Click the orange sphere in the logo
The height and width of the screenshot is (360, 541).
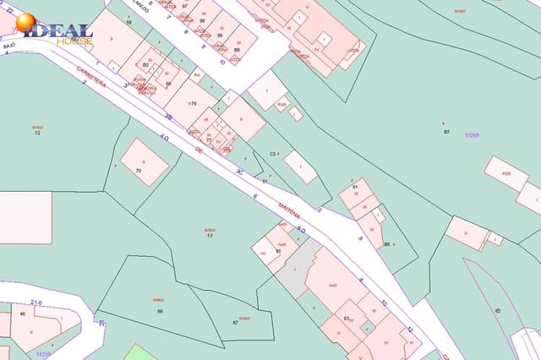pyautogui.click(x=25, y=24)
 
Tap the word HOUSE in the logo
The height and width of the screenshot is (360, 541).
pyautogui.click(x=75, y=41)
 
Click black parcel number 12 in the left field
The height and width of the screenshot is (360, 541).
pyautogui.click(x=37, y=133)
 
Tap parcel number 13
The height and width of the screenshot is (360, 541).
pyautogui.click(x=210, y=235)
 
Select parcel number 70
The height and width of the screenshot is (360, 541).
pyautogui.click(x=139, y=171)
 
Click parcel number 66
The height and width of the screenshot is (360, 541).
pyautogui.click(x=160, y=311)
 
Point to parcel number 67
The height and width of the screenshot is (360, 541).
pyautogui.click(x=235, y=322)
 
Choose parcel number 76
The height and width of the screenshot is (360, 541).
pyautogui.click(x=193, y=104)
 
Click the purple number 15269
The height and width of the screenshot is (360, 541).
pyautogui.click(x=472, y=135)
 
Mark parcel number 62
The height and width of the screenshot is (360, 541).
pyautogui.click(x=498, y=311)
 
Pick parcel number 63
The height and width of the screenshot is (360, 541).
pyautogui.click(x=347, y=318)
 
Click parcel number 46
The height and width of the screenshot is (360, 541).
pyautogui.click(x=22, y=314)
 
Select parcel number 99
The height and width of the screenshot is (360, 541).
pyautogui.click(x=220, y=35)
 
